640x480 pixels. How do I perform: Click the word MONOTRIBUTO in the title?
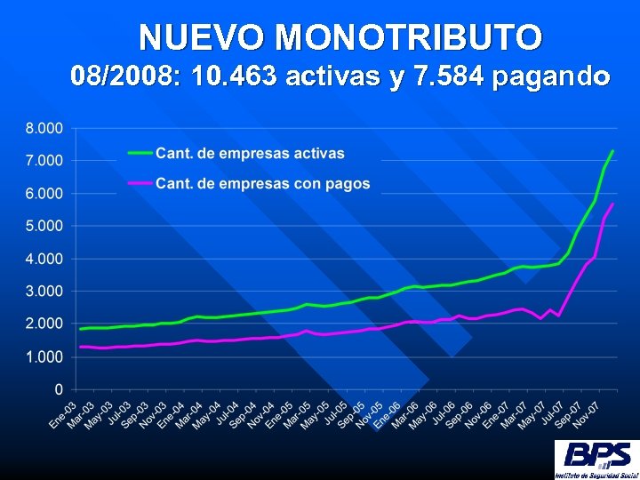[409, 37]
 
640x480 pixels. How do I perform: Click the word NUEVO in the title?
[204, 37]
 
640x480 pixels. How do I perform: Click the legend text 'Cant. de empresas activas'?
[250, 153]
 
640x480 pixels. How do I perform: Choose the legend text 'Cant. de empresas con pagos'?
[262, 184]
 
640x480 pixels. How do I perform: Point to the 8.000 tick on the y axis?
[44, 128]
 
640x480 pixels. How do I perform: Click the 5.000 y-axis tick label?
[44, 226]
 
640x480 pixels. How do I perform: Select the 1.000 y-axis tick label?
[44, 356]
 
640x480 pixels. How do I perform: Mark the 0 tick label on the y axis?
[59, 389]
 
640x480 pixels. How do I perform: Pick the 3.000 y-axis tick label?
[44, 291]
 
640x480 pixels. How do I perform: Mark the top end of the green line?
[612, 151]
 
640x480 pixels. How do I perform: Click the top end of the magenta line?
[612, 204]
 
